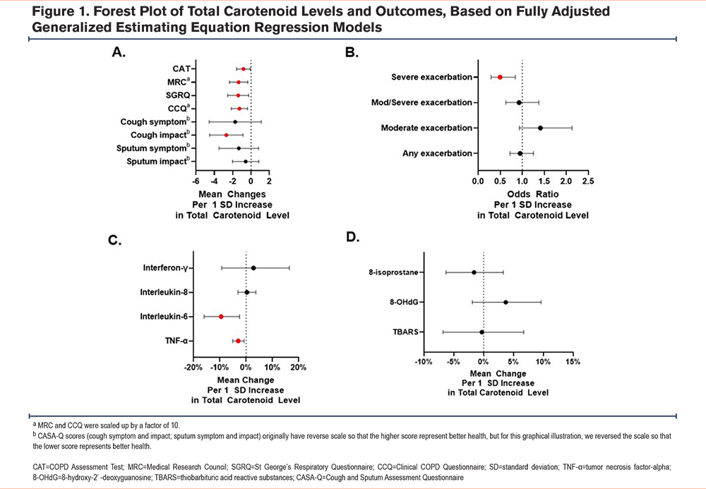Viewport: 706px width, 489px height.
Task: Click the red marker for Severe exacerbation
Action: click(x=500, y=78)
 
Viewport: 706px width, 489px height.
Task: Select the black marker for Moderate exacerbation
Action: click(x=540, y=128)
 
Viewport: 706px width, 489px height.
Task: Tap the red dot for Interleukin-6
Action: click(x=221, y=317)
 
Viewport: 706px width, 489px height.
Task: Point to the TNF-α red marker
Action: click(x=238, y=341)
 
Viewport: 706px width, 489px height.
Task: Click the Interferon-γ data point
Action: click(x=253, y=268)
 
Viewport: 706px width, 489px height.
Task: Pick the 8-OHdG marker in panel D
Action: click(x=505, y=302)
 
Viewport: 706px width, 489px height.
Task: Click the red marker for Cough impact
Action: click(x=226, y=135)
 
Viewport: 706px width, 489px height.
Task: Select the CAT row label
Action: click(x=181, y=69)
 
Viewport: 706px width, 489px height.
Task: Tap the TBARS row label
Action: click(x=406, y=332)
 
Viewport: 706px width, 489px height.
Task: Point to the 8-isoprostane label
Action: click(x=393, y=272)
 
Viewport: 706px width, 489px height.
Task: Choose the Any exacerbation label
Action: click(x=437, y=153)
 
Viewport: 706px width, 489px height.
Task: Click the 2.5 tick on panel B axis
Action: click(x=588, y=181)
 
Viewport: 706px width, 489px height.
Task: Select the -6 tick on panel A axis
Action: click(x=196, y=181)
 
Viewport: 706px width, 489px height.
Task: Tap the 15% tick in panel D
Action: click(x=573, y=362)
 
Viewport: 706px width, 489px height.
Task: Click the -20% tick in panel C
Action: click(x=193, y=368)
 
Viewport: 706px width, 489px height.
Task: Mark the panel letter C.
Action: click(x=115, y=240)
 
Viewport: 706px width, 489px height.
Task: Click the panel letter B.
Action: click(x=352, y=53)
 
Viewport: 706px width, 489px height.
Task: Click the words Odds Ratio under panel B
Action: click(x=533, y=194)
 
